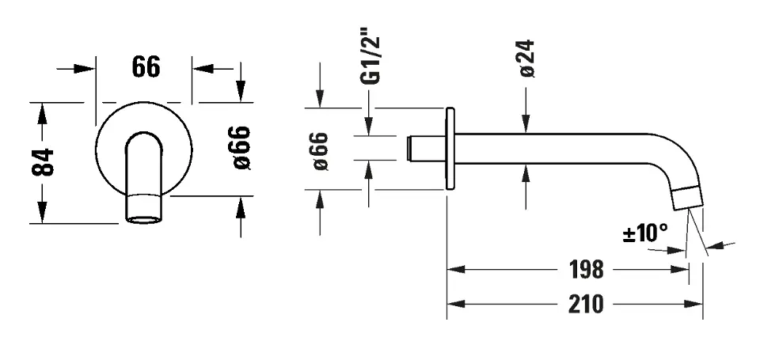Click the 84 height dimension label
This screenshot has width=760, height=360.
click(x=43, y=162)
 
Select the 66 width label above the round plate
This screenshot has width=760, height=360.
click(x=146, y=67)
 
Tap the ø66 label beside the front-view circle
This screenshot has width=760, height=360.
click(x=241, y=148)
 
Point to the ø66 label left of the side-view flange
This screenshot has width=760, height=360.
click(x=321, y=150)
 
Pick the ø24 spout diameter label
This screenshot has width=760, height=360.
click(x=526, y=58)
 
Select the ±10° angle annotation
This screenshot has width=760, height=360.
click(x=645, y=233)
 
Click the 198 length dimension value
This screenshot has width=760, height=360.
click(x=586, y=269)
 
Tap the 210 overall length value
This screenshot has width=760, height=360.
click(x=586, y=305)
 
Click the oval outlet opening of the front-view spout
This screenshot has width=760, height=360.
click(x=143, y=219)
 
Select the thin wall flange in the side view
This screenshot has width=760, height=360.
click(x=450, y=149)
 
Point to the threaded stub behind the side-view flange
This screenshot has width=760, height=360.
click(x=426, y=148)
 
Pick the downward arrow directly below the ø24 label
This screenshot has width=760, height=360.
click(x=526, y=122)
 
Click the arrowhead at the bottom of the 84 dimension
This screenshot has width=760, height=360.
click(x=43, y=214)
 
